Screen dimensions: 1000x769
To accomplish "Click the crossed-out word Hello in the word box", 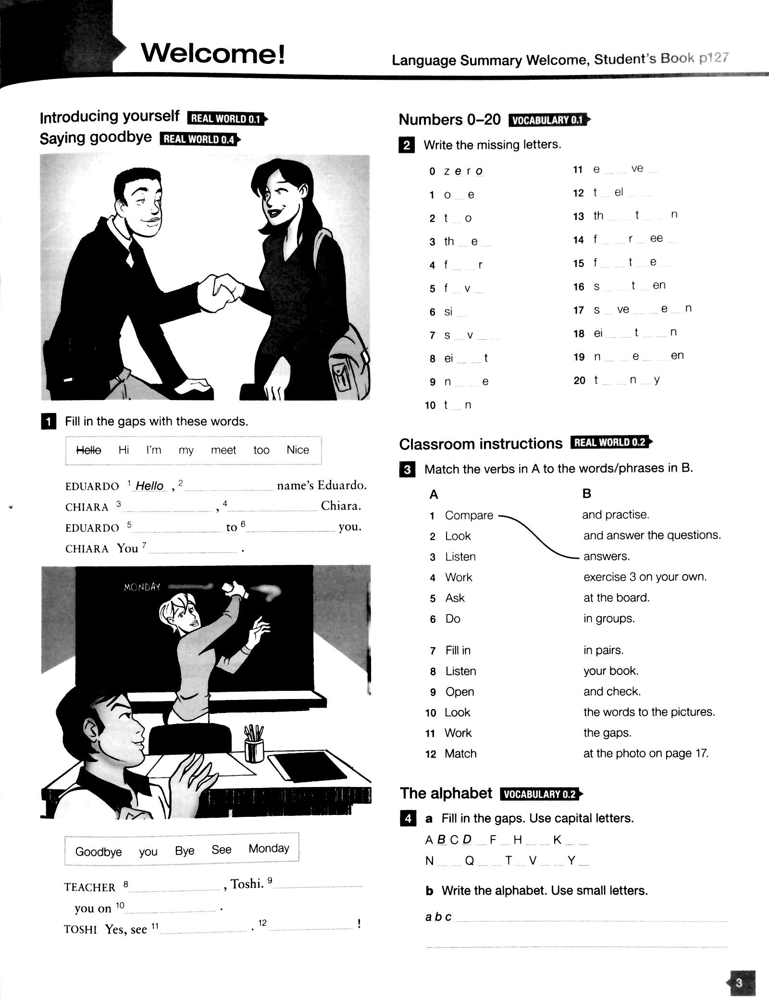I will click(89, 450).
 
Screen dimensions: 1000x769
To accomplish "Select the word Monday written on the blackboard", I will click(142, 587).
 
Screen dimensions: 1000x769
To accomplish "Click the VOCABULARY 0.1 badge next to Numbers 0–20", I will click(547, 120).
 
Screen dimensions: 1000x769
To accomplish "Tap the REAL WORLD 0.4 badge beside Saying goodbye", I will click(198, 139).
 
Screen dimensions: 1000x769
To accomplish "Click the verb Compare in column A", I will click(469, 515).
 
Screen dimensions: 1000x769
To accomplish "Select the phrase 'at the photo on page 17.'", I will click(645, 753).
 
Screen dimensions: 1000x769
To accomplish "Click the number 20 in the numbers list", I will click(579, 380).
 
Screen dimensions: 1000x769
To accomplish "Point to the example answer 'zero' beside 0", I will click(463, 171).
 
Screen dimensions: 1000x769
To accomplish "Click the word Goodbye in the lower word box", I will click(99, 852).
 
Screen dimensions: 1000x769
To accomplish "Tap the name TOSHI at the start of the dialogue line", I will click(80, 930).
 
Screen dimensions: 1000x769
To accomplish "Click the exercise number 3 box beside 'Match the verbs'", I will click(407, 469).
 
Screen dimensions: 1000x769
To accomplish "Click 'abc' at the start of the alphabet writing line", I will click(438, 917).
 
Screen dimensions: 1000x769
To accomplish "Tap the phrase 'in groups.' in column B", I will click(609, 618).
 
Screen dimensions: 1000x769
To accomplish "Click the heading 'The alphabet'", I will click(446, 793).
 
